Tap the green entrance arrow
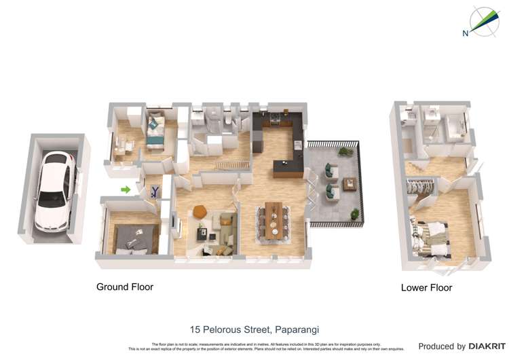[126, 190]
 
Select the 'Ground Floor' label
[125, 287]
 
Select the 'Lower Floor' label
[426, 287]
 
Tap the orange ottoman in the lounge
[200, 212]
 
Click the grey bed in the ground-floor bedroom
[135, 238]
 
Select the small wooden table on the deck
[350, 184]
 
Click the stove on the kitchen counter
[275, 122]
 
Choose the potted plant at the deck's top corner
[346, 151]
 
